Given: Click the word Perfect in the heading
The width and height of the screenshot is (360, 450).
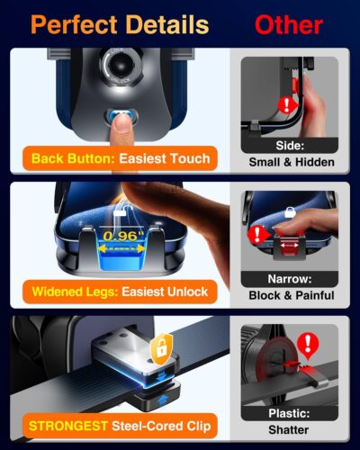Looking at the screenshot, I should coord(73,23).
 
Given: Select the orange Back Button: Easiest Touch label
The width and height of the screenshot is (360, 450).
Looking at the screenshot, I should coord(120,158).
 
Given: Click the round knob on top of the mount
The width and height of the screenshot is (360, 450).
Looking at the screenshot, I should coord(121,66).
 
